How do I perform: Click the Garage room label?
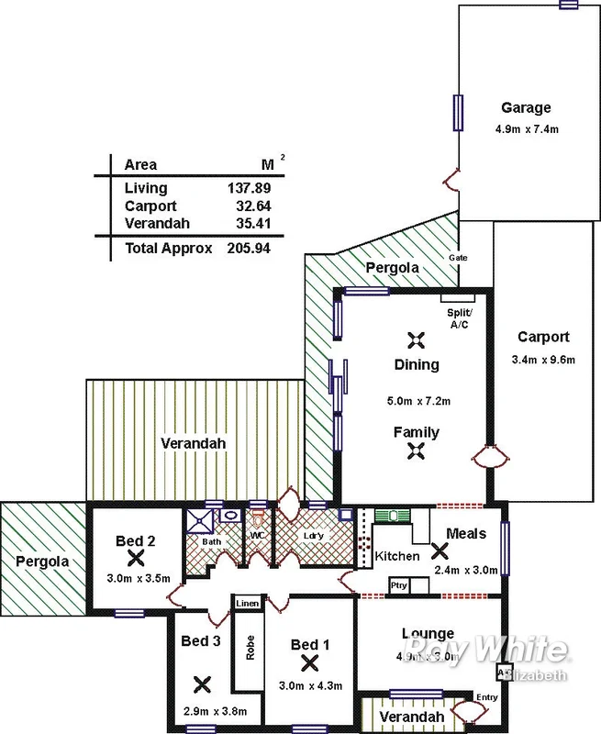tap(526, 107)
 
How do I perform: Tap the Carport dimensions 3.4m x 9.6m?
tap(544, 359)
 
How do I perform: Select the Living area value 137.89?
tap(249, 188)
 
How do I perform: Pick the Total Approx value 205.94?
tap(249, 248)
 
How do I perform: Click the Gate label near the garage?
tap(458, 258)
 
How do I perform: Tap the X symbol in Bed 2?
tap(137, 557)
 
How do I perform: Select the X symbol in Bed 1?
tap(309, 662)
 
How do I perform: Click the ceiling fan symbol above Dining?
tap(417, 339)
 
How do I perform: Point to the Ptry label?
tap(398, 585)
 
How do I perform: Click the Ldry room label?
tap(313, 536)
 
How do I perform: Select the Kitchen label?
tap(397, 556)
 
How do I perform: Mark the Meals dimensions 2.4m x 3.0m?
tap(465, 570)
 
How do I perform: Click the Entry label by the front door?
tap(486, 697)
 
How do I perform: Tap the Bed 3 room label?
tap(200, 641)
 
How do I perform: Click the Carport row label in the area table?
tap(150, 206)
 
